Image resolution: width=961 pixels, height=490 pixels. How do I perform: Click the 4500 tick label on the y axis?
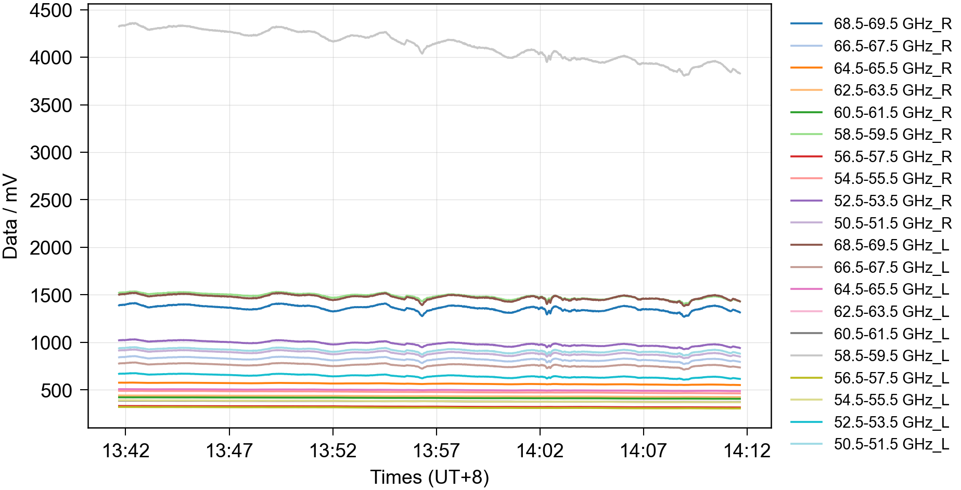51,11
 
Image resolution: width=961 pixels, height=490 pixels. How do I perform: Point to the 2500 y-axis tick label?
51,201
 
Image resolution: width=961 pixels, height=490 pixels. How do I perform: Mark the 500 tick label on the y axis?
57,391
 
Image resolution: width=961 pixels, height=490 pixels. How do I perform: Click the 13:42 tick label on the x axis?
125,451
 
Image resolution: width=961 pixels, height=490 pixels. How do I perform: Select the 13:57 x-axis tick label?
436,451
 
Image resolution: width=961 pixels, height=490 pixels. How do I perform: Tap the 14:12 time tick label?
747,451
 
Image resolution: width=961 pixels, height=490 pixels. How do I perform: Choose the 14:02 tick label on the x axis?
540,451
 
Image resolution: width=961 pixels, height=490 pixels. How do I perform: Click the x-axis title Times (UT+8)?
429,477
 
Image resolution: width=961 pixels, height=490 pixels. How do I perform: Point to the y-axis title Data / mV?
10,217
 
